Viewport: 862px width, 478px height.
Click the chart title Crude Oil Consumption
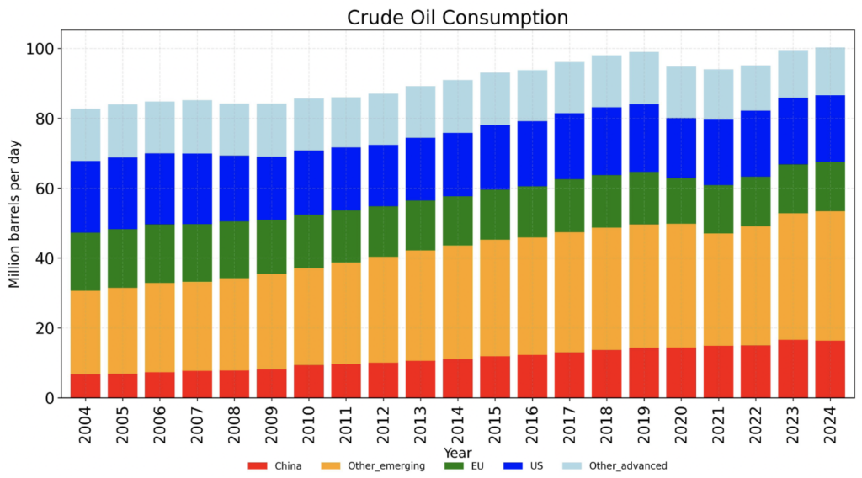point(459,17)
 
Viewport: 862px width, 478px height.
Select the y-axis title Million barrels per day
point(14,215)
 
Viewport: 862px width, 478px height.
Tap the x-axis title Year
point(459,453)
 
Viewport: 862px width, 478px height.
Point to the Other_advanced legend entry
point(624,465)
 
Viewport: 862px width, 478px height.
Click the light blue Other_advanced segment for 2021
point(718,94)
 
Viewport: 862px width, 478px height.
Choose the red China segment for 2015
point(495,376)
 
